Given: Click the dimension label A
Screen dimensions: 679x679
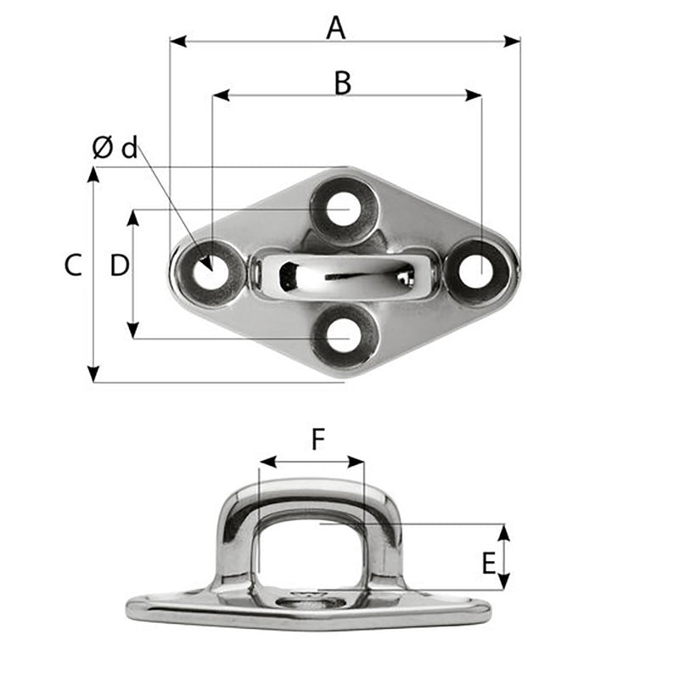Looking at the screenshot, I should coord(337,28).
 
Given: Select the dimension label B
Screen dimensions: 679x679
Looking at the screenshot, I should coord(342,83).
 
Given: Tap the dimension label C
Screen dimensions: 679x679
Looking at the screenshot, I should coord(73,266).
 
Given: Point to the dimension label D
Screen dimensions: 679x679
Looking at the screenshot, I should coord(120,266).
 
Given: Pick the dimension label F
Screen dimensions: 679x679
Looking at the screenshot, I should coord(317,439).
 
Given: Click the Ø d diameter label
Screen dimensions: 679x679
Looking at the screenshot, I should coord(115,149).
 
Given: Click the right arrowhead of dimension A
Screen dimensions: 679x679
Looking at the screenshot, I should coord(513,41).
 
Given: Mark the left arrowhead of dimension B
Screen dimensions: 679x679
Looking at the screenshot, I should coord(219,97).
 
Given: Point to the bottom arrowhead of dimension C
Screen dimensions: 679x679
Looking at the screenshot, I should coord(93,374).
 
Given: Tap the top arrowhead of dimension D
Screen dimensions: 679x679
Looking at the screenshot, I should coord(133,217).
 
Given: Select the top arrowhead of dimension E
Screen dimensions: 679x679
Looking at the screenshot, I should coord(504,531).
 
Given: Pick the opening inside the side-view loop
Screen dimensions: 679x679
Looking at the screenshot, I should coord(312,543).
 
